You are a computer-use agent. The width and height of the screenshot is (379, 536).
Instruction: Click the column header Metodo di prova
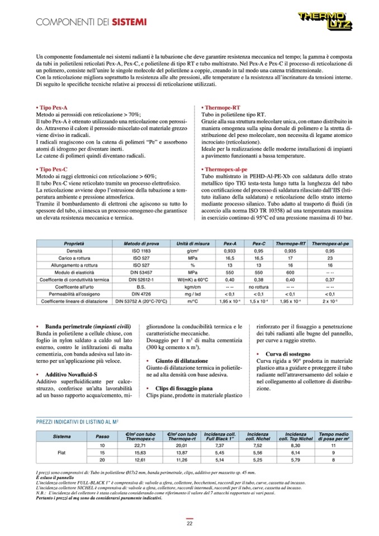(138, 244)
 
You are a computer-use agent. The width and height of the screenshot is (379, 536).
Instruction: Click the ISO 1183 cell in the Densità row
(138, 252)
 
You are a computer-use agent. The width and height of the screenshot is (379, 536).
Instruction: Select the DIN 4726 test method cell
(138, 293)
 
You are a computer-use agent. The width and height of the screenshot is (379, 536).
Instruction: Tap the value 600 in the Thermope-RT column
(290, 272)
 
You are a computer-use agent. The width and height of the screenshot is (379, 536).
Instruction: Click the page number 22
(190, 523)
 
